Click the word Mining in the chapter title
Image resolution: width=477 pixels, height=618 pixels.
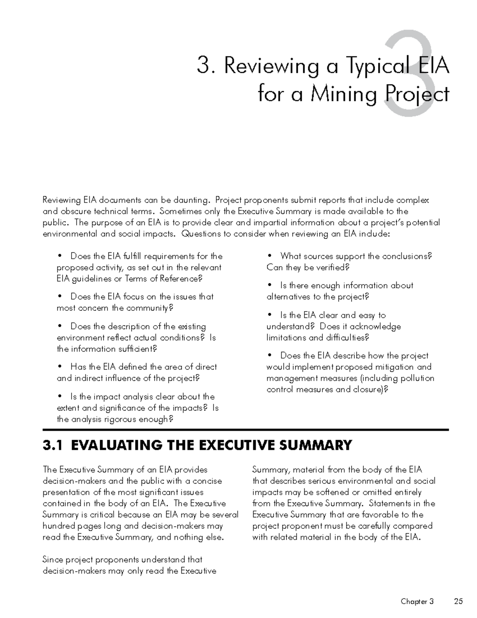(x=343, y=95)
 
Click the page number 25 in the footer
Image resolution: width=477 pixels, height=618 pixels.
(x=458, y=601)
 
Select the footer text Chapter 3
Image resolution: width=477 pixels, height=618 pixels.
(x=417, y=601)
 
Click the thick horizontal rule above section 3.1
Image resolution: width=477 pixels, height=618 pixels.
(x=246, y=430)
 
